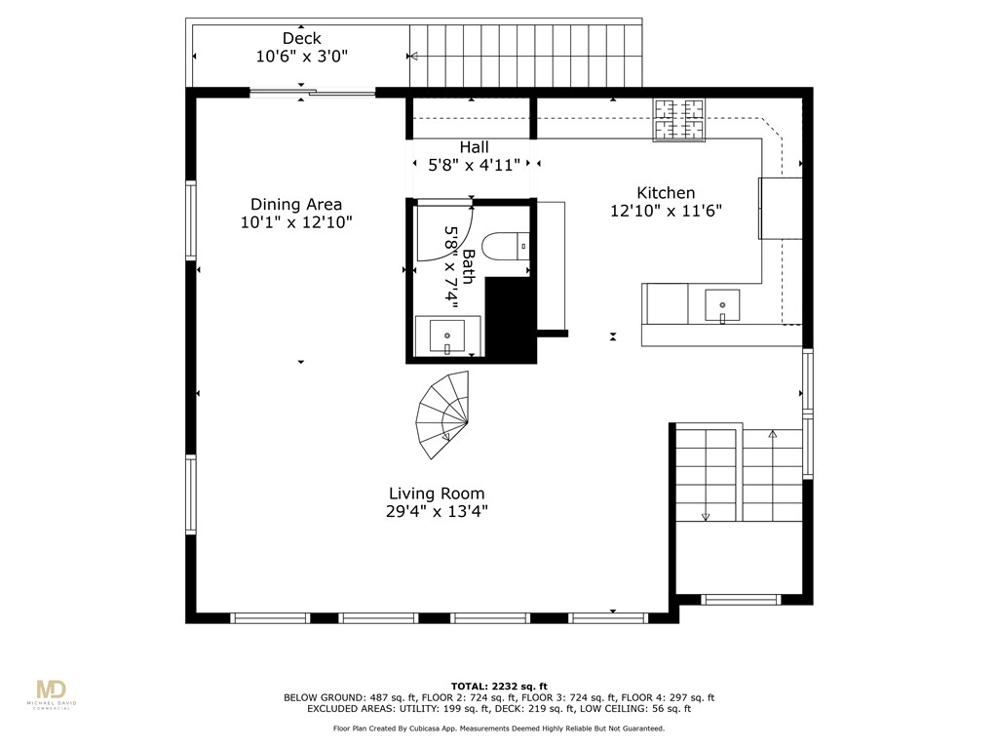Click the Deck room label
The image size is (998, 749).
point(301,39)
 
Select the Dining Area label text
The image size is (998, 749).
point(296,205)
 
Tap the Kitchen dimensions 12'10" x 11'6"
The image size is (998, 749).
point(666,211)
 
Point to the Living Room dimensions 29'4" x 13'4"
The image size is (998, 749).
point(437,511)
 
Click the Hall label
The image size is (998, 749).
point(475,147)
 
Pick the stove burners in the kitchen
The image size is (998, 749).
point(678,120)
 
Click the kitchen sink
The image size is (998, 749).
point(722,305)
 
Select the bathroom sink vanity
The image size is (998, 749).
point(447,335)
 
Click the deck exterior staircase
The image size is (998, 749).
point(526,56)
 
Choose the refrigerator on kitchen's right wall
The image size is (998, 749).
point(781,208)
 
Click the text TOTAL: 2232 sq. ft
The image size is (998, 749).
point(498,686)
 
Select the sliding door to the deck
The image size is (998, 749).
point(312,94)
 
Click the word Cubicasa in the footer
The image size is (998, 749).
point(454,728)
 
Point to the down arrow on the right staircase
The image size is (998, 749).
point(706,516)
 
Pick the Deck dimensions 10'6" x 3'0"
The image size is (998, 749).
point(301,57)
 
